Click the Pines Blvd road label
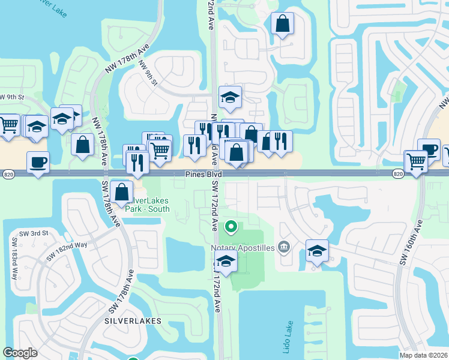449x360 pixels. click(203, 174)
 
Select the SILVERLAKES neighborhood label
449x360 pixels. click(133, 321)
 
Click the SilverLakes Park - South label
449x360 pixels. click(147, 205)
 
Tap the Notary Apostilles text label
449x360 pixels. click(242, 248)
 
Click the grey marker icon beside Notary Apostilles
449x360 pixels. click(285, 247)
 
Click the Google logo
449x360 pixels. click(20, 353)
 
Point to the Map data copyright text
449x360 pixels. click(423, 355)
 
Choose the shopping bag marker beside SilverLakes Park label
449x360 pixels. click(122, 192)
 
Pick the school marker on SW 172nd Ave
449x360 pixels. click(226, 261)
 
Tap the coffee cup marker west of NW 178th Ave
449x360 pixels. click(38, 161)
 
